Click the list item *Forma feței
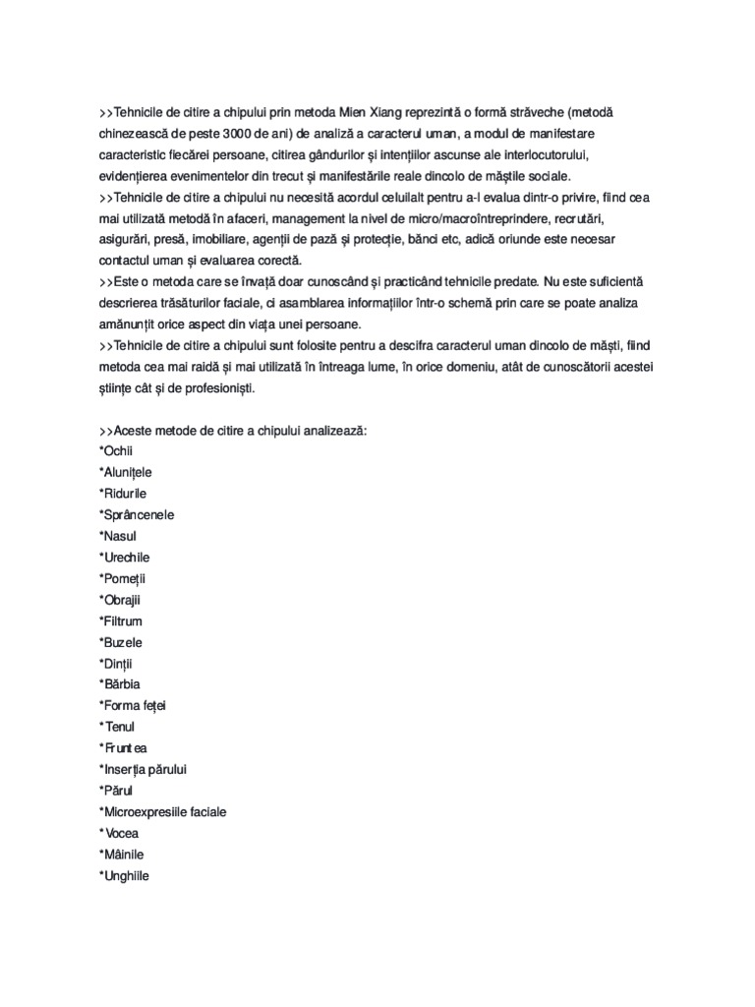(x=140, y=705)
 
